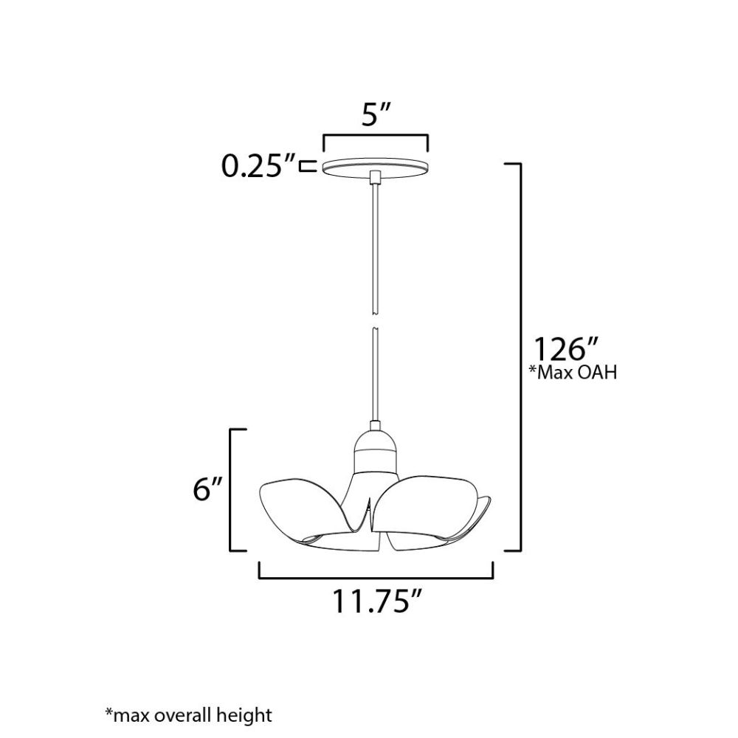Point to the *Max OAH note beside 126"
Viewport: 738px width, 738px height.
[x=573, y=373]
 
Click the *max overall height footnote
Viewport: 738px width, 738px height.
[x=188, y=714]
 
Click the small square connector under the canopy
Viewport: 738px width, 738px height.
[x=375, y=177]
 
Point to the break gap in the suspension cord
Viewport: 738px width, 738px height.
[x=375, y=320]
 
